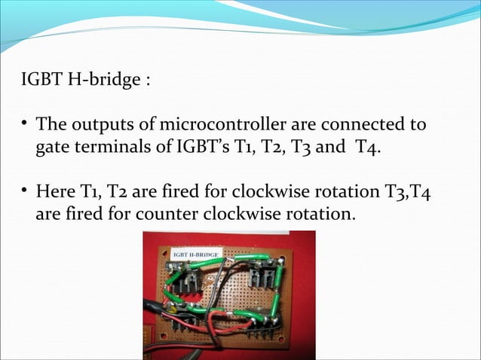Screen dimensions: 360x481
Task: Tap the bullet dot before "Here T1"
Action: click(x=25, y=190)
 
